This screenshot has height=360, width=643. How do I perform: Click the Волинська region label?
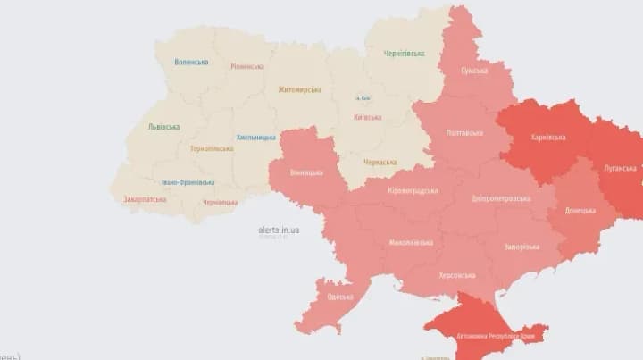click(x=191, y=62)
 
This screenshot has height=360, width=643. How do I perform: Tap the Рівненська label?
click(x=246, y=66)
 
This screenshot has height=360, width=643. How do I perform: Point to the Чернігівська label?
click(x=404, y=53)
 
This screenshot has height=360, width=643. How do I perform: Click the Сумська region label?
click(x=474, y=70)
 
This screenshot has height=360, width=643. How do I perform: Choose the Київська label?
click(x=367, y=117)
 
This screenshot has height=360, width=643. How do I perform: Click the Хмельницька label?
click(x=256, y=138)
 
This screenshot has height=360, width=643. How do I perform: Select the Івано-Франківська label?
click(x=188, y=182)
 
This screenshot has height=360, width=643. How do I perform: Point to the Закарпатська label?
click(x=146, y=199)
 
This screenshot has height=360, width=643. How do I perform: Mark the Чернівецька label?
click(x=220, y=202)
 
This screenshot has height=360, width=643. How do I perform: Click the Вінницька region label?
click(x=307, y=172)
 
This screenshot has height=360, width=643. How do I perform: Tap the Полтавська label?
click(x=464, y=133)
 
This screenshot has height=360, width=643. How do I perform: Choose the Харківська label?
click(x=548, y=138)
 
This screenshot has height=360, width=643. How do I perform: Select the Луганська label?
click(x=619, y=168)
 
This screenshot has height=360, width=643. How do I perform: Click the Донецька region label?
click(x=580, y=211)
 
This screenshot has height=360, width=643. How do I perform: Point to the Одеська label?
click(x=339, y=297)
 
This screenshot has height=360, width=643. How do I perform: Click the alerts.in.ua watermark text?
click(x=279, y=230)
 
